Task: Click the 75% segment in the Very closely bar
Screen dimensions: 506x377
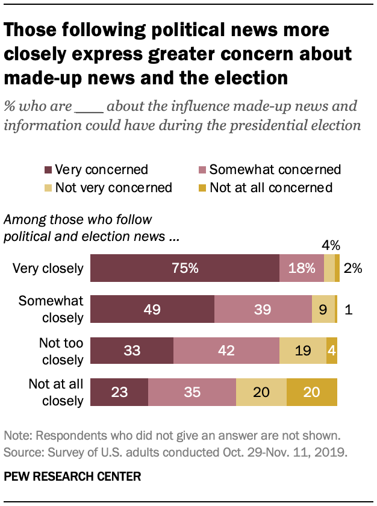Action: tap(185, 268)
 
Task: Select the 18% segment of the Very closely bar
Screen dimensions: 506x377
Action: tap(301, 268)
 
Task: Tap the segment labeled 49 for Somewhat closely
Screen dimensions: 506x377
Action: tap(152, 309)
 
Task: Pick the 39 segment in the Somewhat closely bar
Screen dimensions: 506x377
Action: tap(263, 309)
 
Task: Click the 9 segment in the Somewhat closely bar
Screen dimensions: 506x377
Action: tap(323, 309)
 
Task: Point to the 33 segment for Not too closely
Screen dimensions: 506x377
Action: tap(131, 350)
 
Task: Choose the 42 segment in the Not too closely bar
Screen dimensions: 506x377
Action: tap(226, 350)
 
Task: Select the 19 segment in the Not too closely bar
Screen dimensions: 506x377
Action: tap(302, 350)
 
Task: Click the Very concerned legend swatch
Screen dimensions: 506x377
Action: tap(48, 170)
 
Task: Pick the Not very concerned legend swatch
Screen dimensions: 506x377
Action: tap(48, 188)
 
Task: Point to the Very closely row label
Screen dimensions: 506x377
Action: tap(48, 268)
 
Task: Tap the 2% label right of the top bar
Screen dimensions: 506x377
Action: tap(352, 269)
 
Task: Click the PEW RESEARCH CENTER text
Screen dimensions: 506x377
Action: tap(72, 476)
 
